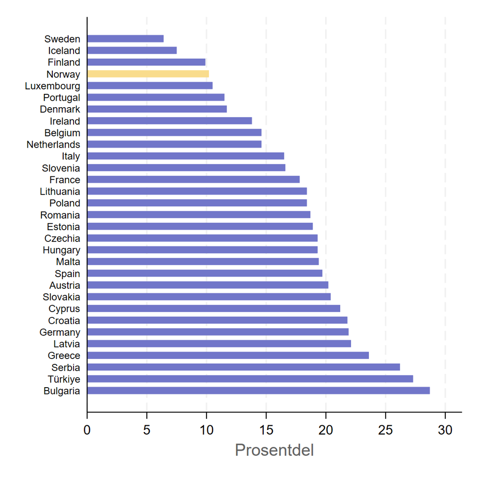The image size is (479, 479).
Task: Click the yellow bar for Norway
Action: pos(148,74)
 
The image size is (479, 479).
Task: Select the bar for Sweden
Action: pos(125,39)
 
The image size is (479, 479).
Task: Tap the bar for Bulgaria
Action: pos(258,391)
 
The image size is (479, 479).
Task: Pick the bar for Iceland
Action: pos(132,50)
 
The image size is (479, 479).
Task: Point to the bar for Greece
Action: pos(228,355)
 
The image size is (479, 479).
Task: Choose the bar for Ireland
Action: pos(169,120)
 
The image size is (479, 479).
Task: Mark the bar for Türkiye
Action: pos(250,379)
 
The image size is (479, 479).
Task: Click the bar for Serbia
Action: pos(244,367)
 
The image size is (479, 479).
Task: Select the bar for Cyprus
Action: pos(214,308)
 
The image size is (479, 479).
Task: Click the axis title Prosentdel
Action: pos(275,450)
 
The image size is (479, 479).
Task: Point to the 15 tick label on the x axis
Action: pos(266,430)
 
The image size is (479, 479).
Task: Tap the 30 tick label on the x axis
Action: pos(445,430)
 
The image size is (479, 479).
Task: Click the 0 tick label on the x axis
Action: pos(87,430)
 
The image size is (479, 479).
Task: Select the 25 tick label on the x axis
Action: pos(386,430)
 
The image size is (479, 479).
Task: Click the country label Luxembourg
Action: pos(52,86)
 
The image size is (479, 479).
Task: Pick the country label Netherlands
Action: pos(53,145)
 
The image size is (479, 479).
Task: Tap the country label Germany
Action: pos(60,332)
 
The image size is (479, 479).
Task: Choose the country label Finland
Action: pos(64,62)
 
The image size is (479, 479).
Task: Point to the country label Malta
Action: pos(68,262)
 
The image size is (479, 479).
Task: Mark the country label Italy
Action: pos(71,157)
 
